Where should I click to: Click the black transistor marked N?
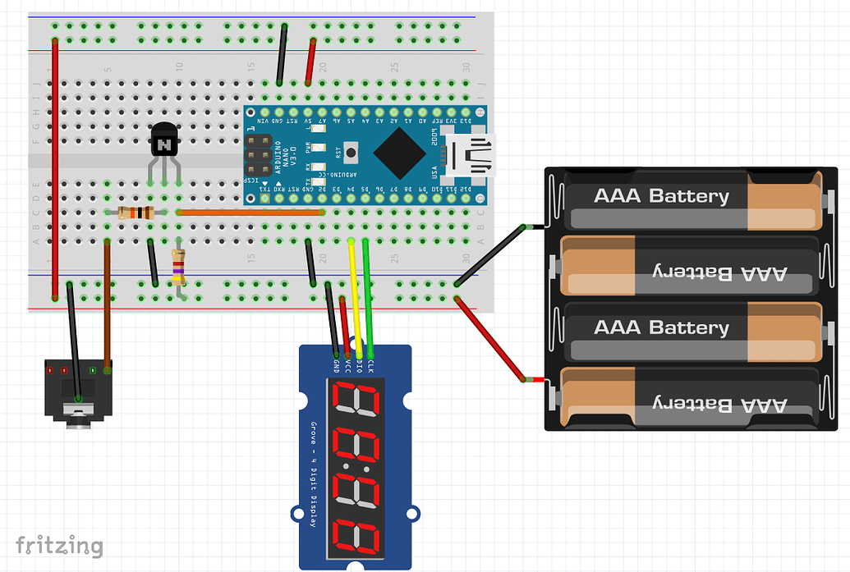164,140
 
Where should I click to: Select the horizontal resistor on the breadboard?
136,213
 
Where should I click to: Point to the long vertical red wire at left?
55,164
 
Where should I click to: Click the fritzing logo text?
60,546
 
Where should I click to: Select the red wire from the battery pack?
490,339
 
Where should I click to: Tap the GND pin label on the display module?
337,366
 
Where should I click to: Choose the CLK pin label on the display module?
371,366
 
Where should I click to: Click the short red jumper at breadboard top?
310,62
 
